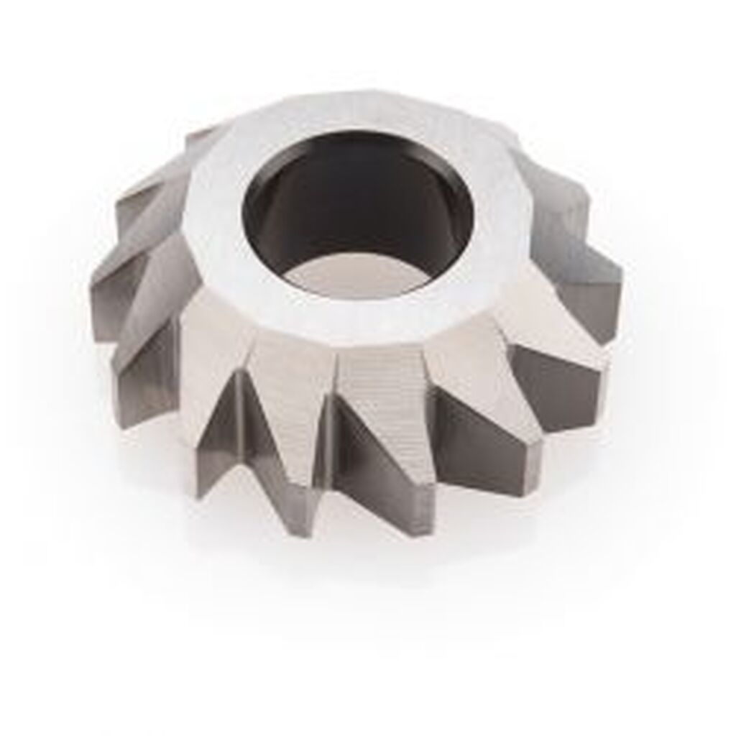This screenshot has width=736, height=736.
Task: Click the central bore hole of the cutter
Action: (x=357, y=216)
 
